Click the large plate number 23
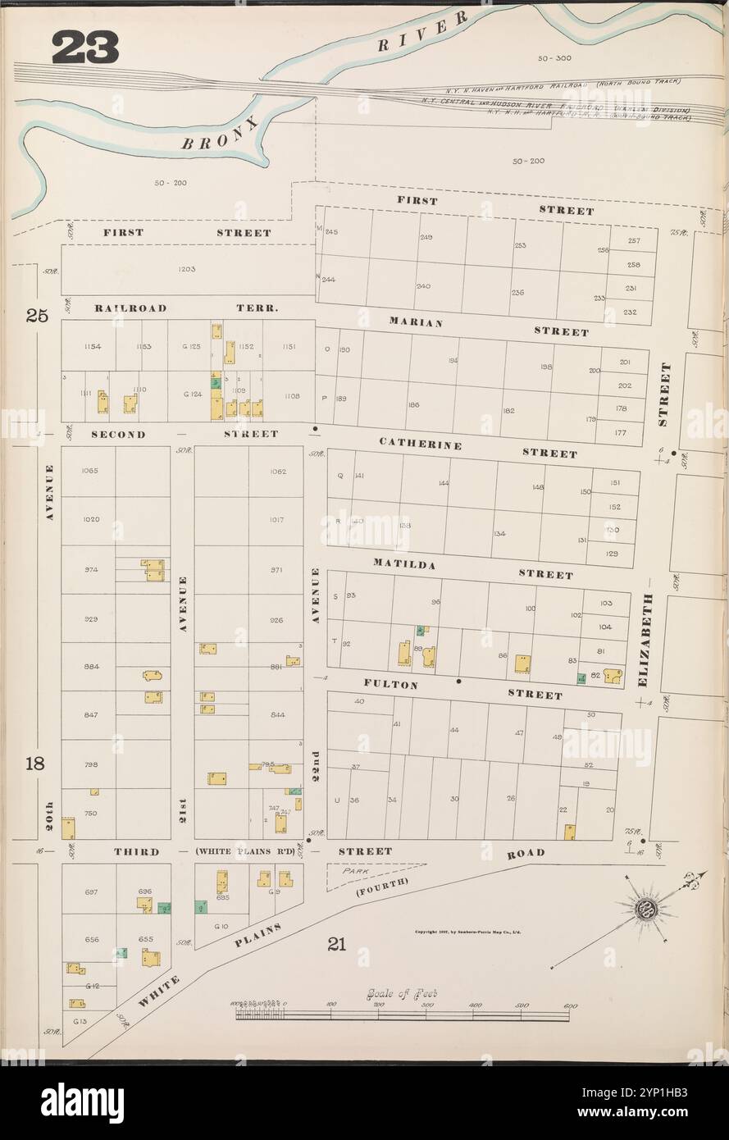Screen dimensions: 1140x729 tap(85, 48)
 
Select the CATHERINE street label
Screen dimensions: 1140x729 tap(420, 444)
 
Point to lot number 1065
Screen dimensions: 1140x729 tap(90, 471)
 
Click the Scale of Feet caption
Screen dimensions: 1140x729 tap(402, 993)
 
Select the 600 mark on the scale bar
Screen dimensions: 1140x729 tap(570, 1005)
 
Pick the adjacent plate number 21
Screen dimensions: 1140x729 tap(336, 944)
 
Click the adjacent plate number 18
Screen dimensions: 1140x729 tap(35, 764)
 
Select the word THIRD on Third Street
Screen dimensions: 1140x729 tap(136, 852)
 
